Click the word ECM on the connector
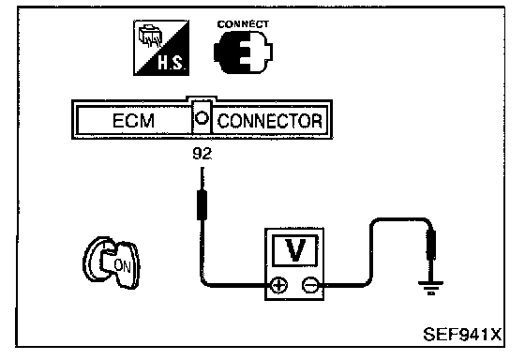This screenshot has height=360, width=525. pyautogui.click(x=133, y=121)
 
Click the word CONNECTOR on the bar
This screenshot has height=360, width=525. pyautogui.click(x=270, y=121)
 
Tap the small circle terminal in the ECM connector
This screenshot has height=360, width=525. pyautogui.click(x=202, y=118)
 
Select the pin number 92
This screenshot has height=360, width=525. pyautogui.click(x=202, y=154)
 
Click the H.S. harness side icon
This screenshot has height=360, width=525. pyautogui.click(x=161, y=48)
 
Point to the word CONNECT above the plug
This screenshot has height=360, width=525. pyautogui.click(x=243, y=24)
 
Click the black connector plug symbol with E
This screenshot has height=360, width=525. pyautogui.click(x=243, y=52)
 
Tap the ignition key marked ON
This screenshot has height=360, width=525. pyautogui.click(x=112, y=262)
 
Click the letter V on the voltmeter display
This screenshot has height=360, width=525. pyautogui.click(x=295, y=250)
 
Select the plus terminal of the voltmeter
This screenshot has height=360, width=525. pyautogui.click(x=278, y=285)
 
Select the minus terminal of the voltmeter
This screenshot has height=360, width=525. pyautogui.click(x=310, y=285)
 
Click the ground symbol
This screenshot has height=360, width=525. pyautogui.click(x=431, y=287)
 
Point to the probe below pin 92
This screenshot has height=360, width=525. pyautogui.click(x=202, y=193)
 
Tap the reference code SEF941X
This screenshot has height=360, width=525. pyautogui.click(x=462, y=334)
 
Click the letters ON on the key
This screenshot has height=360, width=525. pyautogui.click(x=122, y=265)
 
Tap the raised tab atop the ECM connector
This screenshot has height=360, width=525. pyautogui.click(x=202, y=98)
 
